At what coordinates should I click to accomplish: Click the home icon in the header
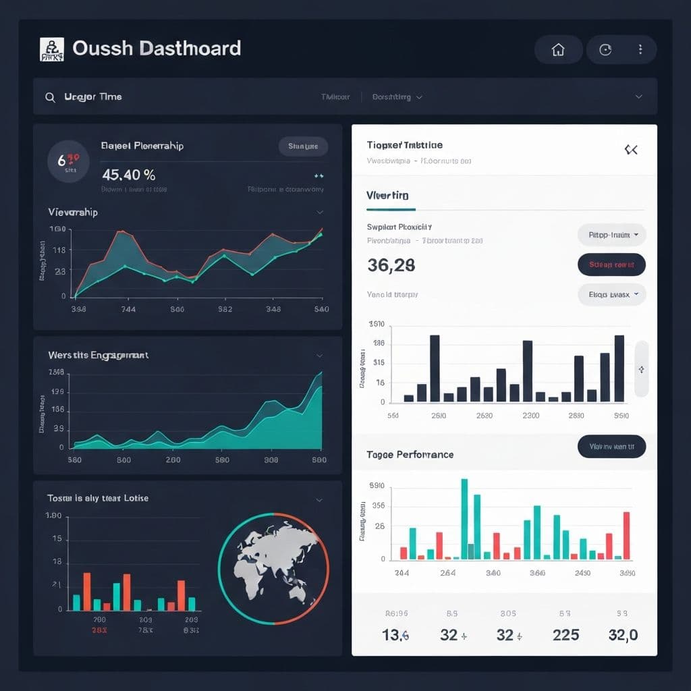tap(558, 50)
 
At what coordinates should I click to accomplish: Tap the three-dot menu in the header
tap(640, 50)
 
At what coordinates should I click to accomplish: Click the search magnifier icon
tap(50, 97)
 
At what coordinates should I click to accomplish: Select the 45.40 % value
tap(129, 175)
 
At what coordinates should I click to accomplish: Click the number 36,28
tap(391, 265)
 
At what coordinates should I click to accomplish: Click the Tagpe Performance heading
tap(410, 455)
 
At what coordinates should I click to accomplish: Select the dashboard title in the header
tap(156, 49)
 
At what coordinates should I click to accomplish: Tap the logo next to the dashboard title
tap(52, 49)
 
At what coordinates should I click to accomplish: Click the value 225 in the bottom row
tap(565, 635)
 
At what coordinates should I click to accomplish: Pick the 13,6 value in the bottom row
tap(395, 635)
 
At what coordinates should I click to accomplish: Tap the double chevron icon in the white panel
tap(631, 150)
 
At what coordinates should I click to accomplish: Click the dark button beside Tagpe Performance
tap(611, 446)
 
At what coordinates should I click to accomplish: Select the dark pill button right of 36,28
tap(611, 265)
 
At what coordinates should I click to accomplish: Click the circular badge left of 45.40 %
tap(68, 161)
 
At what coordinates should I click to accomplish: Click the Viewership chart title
tap(73, 213)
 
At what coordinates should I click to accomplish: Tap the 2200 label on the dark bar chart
tap(531, 416)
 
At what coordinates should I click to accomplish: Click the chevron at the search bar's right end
tap(638, 97)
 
